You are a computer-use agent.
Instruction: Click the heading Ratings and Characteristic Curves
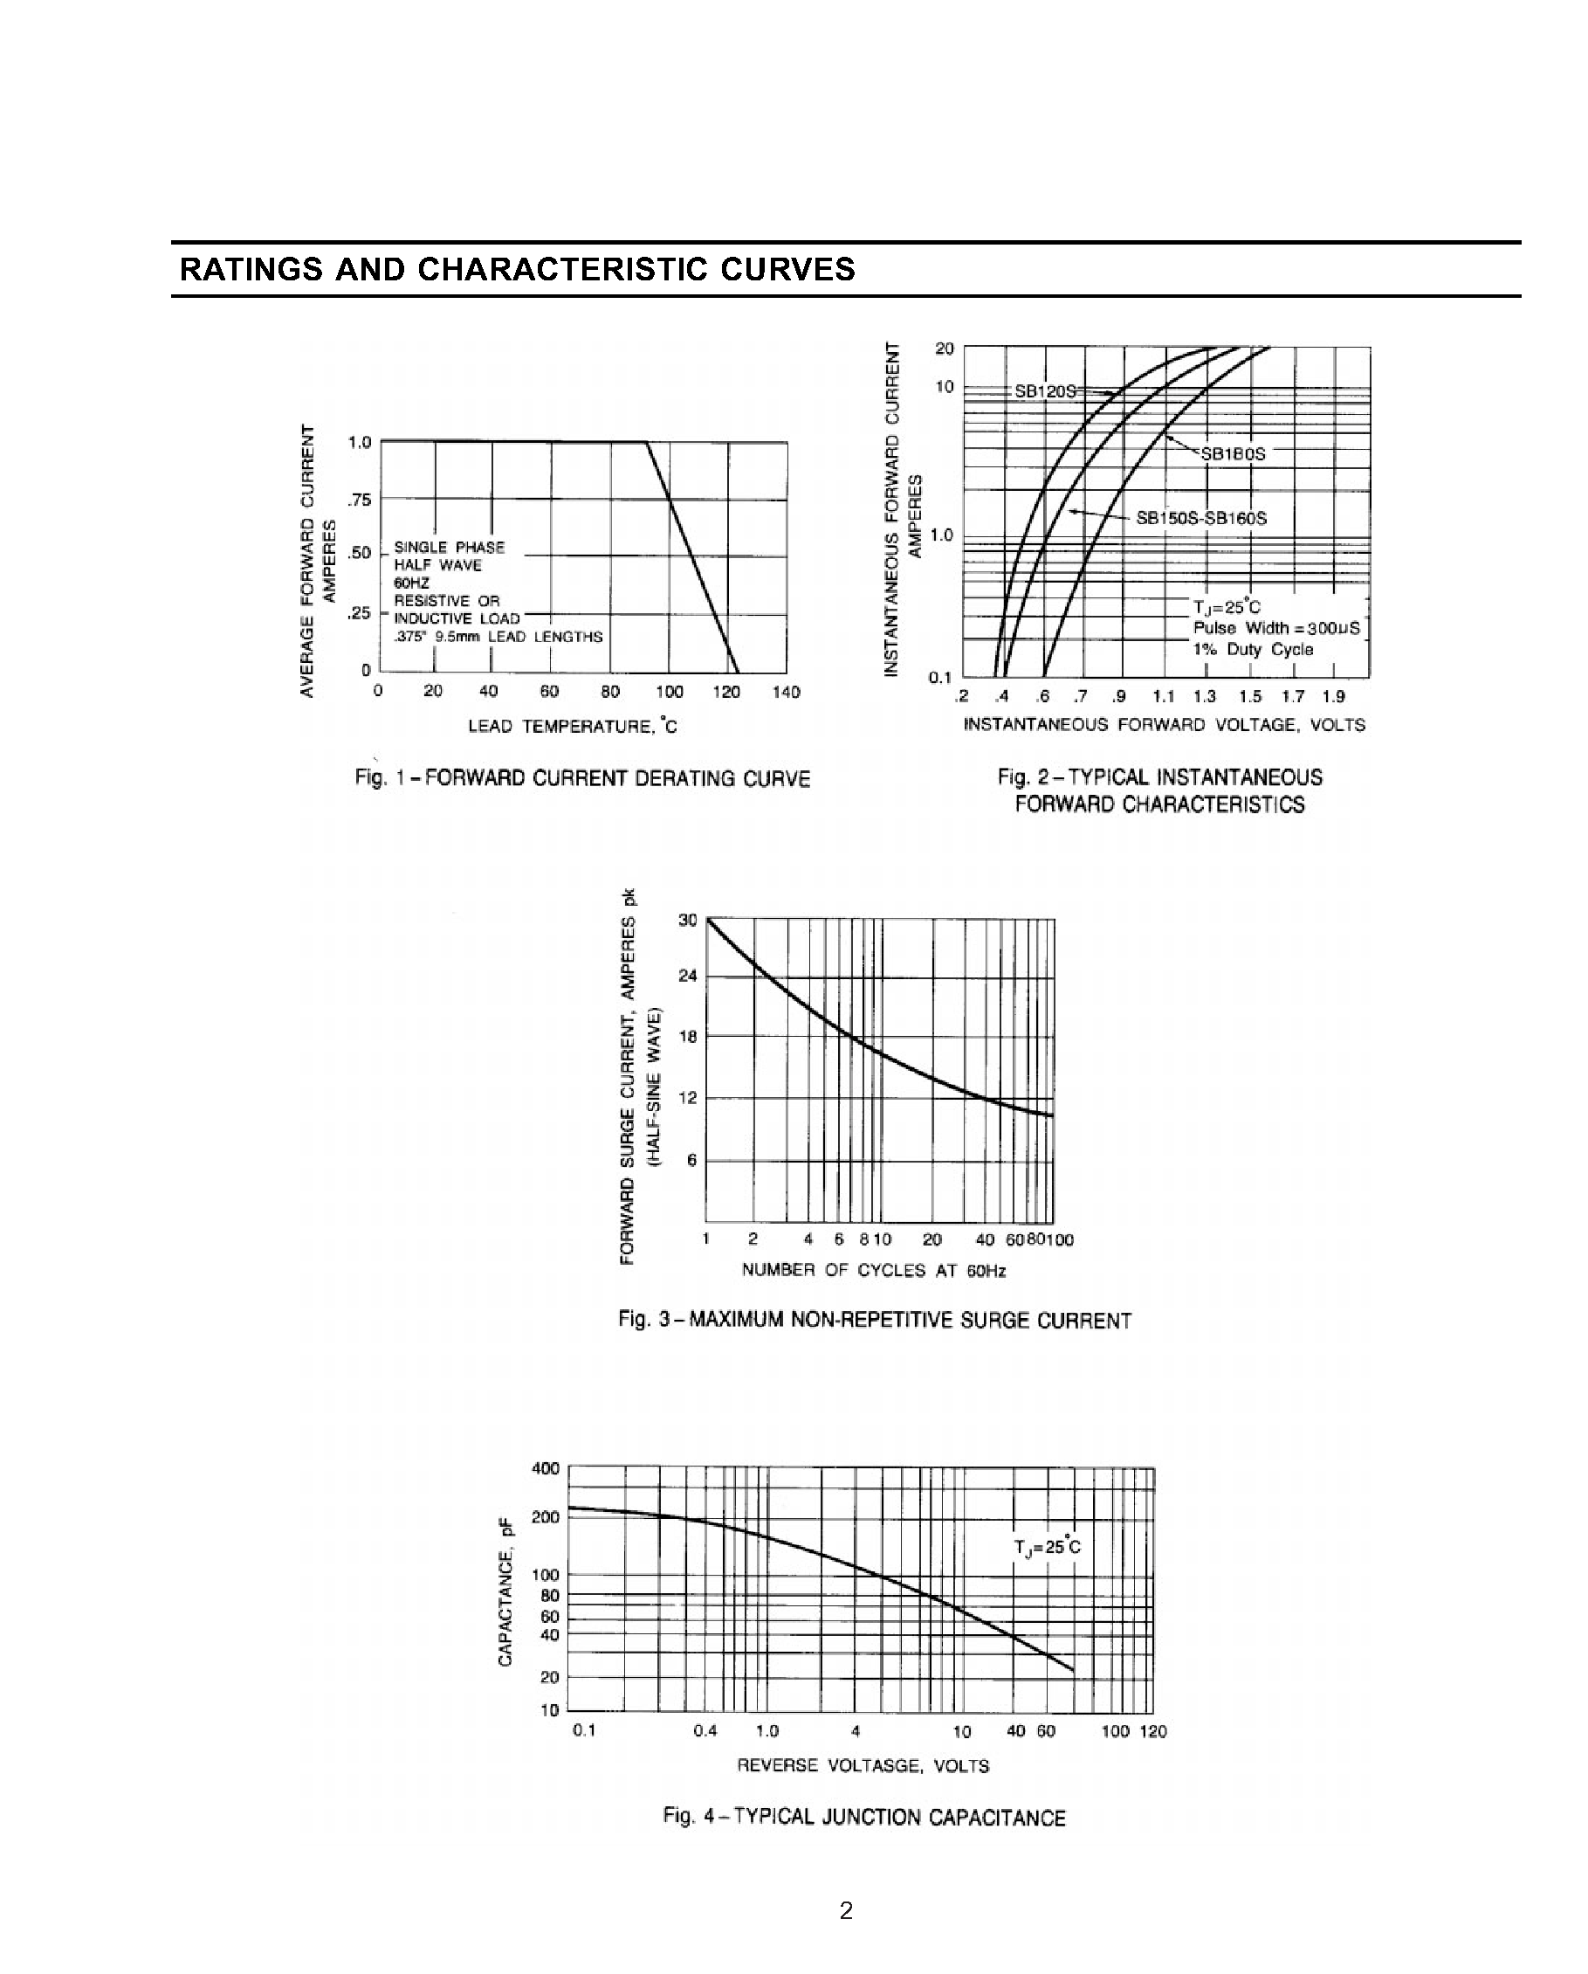[x=517, y=269]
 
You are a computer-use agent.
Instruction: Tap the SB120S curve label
[x=1044, y=391]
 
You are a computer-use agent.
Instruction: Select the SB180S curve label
[x=1232, y=454]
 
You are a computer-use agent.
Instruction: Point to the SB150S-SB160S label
[x=1201, y=518]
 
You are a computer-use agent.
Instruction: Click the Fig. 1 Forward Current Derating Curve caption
[x=582, y=778]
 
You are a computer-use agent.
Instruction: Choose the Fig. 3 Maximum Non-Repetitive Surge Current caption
[x=874, y=1321]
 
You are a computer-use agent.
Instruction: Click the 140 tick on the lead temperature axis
[x=786, y=692]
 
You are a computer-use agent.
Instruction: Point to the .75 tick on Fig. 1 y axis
[x=359, y=500]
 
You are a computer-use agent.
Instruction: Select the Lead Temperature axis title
[x=572, y=726]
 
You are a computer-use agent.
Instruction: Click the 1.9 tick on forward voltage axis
[x=1334, y=697]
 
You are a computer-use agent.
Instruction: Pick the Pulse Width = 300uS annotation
[x=1275, y=628]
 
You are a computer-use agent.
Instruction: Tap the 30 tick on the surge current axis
[x=687, y=920]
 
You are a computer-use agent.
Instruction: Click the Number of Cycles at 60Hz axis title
[x=873, y=1270]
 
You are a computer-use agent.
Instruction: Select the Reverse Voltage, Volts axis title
[x=863, y=1765]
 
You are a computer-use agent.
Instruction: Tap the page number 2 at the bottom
[x=846, y=1910]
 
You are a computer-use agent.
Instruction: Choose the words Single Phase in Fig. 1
[x=449, y=548]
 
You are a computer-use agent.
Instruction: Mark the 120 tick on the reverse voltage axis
[x=1153, y=1731]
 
